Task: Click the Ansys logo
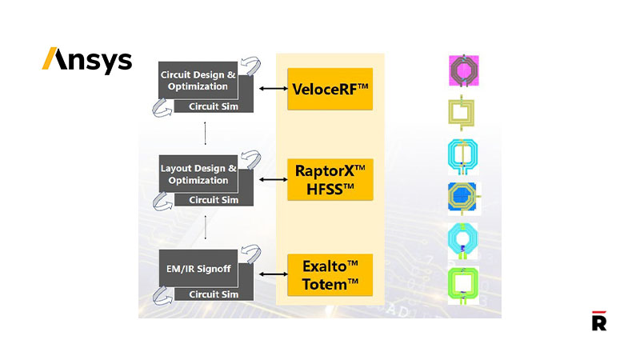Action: pos(87,60)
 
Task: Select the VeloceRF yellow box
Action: pos(330,89)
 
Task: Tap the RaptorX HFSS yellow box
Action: pos(330,179)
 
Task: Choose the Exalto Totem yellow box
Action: pos(330,273)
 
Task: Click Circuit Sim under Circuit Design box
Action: pos(214,106)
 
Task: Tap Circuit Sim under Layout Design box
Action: pos(214,199)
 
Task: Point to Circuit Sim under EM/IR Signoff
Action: pos(214,294)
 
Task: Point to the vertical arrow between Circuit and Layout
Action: pos(206,134)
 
